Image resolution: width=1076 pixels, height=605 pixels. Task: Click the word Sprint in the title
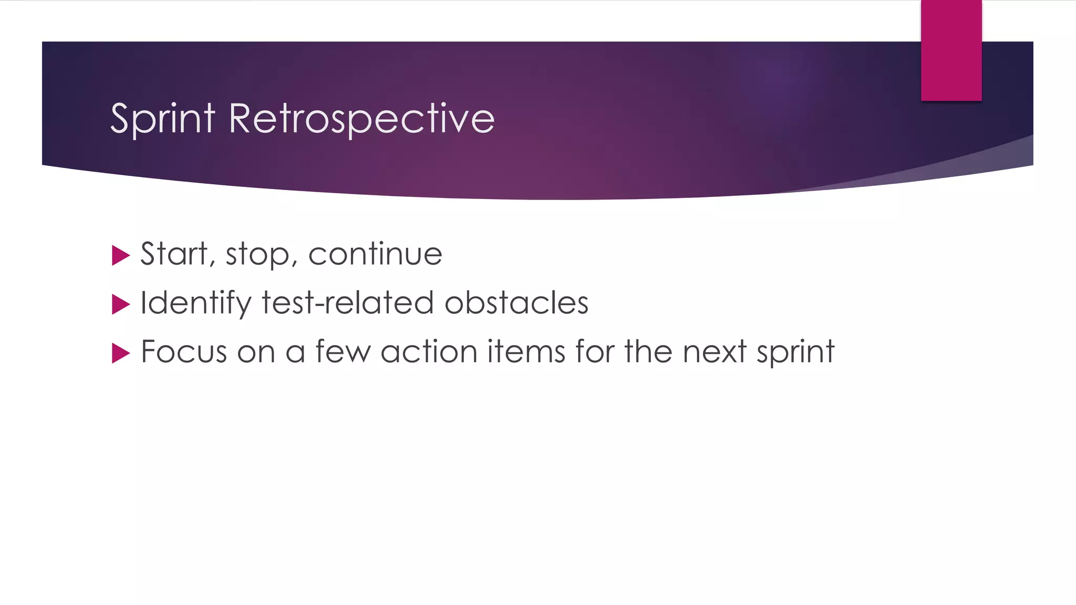[x=163, y=119]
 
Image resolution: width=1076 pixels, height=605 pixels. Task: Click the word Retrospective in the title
[x=361, y=119]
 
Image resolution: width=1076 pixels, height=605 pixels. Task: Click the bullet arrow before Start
[x=121, y=256]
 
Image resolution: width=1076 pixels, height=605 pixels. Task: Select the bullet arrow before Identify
[x=121, y=305]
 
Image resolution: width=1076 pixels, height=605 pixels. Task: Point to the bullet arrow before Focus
[x=121, y=353]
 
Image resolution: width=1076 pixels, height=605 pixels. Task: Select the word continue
[x=375, y=254]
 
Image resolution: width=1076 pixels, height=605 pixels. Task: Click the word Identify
[x=196, y=303]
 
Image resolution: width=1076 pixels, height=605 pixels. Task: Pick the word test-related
[x=347, y=303]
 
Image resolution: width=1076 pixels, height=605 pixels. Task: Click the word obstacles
[x=516, y=303]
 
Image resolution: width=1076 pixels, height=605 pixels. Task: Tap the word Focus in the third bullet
[x=184, y=351]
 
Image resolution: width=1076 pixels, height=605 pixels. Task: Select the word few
[x=343, y=351]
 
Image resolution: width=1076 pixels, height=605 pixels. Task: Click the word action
[x=429, y=351]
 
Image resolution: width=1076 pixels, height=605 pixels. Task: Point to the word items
[x=526, y=351]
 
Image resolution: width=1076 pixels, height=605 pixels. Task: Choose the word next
[x=714, y=351]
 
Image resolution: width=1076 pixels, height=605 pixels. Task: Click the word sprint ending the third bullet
[x=795, y=352]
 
